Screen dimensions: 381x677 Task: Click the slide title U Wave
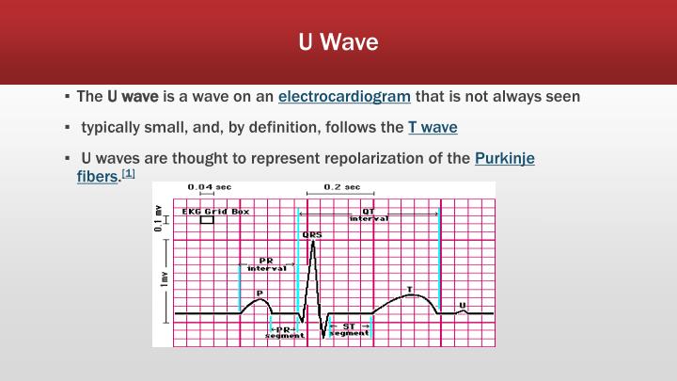tap(338, 42)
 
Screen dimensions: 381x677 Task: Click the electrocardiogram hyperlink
tap(344, 96)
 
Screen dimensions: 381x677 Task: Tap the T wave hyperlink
tap(433, 127)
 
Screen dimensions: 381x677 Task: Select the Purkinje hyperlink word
tap(505, 158)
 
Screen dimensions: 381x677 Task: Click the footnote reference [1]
tap(129, 174)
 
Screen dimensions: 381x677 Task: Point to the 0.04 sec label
tap(210, 187)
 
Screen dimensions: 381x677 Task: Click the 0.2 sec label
tap(341, 187)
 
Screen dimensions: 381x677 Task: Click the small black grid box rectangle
tap(207, 224)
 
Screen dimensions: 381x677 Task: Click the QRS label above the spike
tap(311, 234)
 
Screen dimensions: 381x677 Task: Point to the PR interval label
tap(266, 264)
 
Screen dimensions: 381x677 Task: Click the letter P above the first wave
tap(260, 293)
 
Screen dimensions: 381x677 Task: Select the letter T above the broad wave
tap(409, 288)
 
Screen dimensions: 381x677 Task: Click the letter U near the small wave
tap(462, 304)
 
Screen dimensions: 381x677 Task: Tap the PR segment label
tap(284, 331)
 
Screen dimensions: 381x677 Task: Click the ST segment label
tap(349, 330)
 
